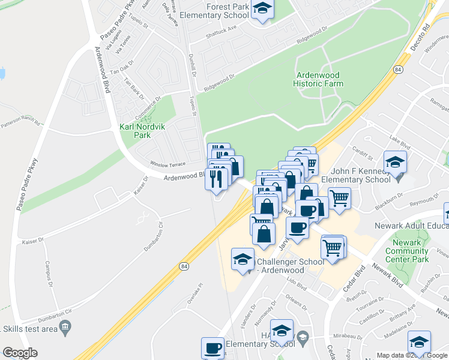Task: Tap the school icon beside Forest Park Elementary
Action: click(x=262, y=9)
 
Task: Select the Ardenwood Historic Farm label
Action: click(x=318, y=79)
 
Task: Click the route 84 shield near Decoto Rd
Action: click(x=398, y=70)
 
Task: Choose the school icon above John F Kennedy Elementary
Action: click(x=396, y=163)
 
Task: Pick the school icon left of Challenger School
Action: click(x=243, y=260)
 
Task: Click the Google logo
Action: click(x=20, y=353)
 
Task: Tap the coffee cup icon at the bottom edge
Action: click(x=213, y=348)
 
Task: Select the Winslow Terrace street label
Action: click(x=168, y=164)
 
